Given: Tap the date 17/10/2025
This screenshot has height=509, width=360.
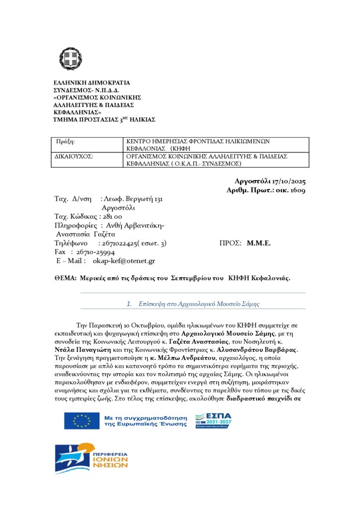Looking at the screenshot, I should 287,181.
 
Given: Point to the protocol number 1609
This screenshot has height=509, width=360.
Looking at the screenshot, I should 297,190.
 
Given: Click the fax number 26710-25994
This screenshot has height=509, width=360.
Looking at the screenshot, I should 96,252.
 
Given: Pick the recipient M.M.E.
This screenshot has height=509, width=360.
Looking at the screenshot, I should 259,243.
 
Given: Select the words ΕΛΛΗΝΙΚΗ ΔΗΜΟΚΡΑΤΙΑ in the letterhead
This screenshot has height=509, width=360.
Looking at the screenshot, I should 91,83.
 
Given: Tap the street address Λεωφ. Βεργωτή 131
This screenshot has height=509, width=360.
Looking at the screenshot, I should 132,199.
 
